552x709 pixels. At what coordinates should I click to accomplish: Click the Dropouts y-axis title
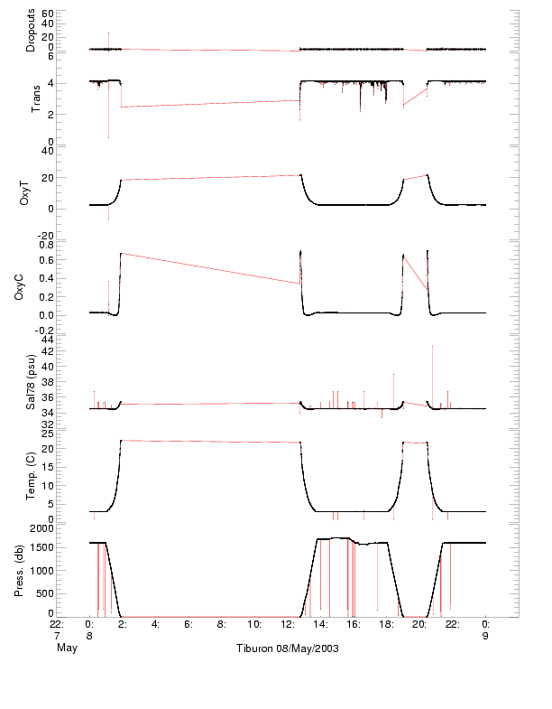[x=31, y=30]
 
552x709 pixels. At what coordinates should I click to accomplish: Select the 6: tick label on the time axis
[x=188, y=623]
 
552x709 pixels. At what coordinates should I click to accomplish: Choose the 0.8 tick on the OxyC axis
[x=71, y=245]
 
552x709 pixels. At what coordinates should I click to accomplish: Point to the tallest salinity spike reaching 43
[x=433, y=347]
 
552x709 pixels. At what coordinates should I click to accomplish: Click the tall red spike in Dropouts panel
[x=108, y=34]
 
